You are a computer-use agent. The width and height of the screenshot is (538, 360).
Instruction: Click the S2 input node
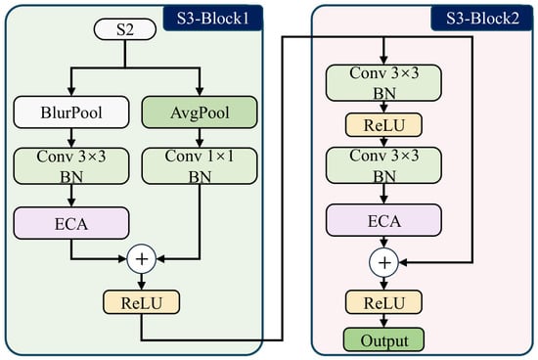[125, 29]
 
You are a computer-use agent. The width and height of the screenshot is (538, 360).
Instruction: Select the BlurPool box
[71, 112]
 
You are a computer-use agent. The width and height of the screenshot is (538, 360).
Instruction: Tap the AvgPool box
[200, 112]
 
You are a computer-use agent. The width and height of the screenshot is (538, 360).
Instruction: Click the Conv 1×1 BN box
[200, 166]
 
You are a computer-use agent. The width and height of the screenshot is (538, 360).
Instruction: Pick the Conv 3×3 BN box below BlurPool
[71, 166]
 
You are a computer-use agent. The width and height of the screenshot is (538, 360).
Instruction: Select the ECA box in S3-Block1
[71, 223]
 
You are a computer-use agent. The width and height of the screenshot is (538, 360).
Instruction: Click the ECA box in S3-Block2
[383, 220]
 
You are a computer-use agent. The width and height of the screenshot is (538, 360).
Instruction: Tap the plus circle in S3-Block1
[142, 259]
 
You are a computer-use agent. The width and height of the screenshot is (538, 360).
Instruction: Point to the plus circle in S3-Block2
[384, 262]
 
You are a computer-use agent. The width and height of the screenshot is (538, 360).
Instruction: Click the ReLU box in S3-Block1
[142, 302]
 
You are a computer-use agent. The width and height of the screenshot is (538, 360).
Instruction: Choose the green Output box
[384, 339]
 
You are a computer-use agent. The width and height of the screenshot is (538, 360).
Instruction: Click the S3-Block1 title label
[213, 19]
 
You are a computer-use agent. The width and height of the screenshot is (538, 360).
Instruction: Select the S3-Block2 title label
[482, 19]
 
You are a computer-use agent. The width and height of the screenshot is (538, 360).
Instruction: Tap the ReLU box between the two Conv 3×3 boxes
[383, 125]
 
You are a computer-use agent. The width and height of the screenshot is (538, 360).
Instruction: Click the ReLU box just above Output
[383, 302]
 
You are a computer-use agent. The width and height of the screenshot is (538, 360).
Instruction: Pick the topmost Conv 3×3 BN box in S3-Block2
[383, 83]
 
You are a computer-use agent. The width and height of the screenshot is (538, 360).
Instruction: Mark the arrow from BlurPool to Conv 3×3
[71, 138]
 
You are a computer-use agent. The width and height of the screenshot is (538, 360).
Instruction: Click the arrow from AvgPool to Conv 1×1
[200, 138]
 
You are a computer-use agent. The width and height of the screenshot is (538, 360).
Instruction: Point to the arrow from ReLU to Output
[384, 321]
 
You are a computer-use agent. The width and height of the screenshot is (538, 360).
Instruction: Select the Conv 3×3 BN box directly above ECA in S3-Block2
[383, 165]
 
